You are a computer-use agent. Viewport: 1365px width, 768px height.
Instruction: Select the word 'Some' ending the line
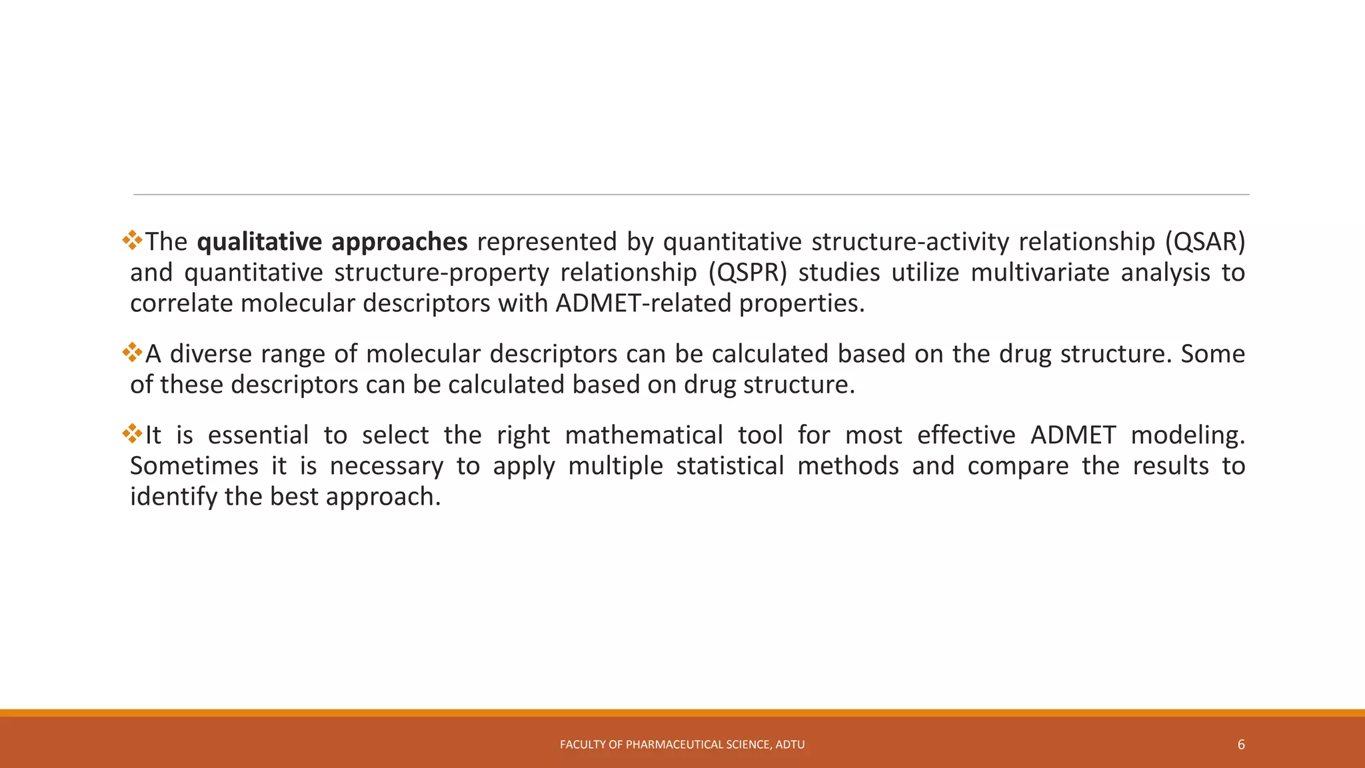[1212, 354]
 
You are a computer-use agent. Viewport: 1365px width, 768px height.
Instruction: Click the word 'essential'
[258, 435]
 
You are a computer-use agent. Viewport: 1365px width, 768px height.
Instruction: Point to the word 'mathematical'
[643, 435]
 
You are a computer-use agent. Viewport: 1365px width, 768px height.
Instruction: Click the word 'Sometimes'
[194, 466]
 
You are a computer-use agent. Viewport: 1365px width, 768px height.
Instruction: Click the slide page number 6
[1241, 745]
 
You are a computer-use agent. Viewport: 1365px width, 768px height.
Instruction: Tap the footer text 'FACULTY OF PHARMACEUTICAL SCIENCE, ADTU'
[682, 745]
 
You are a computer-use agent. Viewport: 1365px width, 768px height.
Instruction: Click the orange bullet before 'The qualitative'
[133, 240]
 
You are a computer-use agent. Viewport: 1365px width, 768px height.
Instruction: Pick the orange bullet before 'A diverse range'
[133, 352]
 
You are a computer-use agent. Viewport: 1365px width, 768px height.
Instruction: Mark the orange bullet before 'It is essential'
[133, 433]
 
